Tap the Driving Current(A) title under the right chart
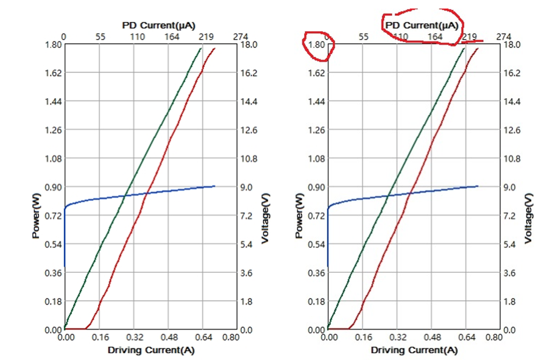click(414, 350)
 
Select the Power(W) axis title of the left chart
click(37, 216)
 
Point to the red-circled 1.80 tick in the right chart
click(316, 44)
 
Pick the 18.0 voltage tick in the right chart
click(510, 44)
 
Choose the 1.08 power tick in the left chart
click(52, 158)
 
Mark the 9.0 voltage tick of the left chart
click(246, 187)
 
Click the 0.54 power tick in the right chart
click(316, 244)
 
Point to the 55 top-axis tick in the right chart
click(363, 37)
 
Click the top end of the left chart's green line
click(201, 48)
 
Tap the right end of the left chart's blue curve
click(214, 186)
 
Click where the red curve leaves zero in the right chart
click(350, 329)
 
